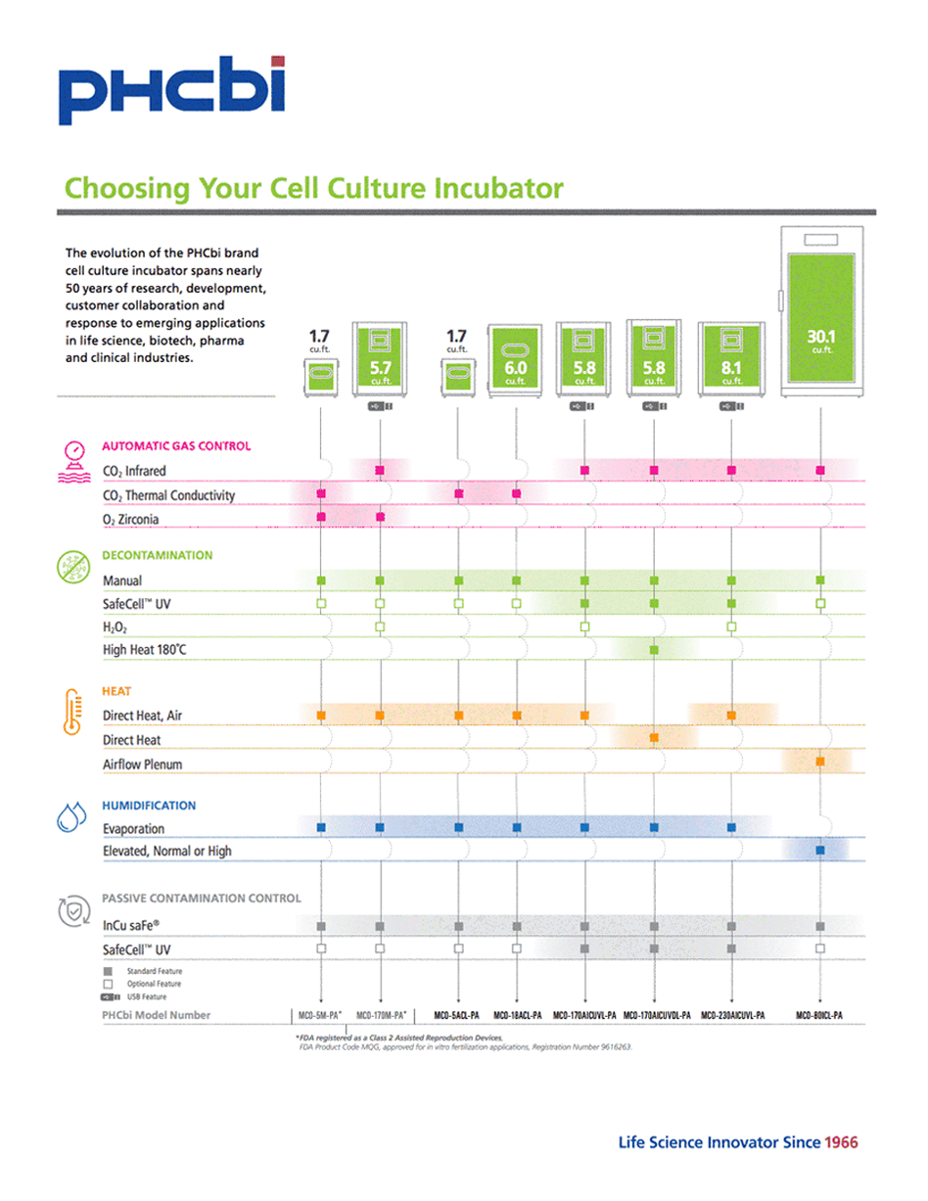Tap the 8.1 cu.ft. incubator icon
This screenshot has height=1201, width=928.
click(x=731, y=358)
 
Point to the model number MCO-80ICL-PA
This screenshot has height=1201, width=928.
click(x=819, y=1015)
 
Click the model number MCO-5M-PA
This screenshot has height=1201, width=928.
click(x=319, y=1015)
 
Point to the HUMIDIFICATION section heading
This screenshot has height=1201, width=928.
click(x=149, y=806)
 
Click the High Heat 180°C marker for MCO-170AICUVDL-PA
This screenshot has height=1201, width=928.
click(x=654, y=650)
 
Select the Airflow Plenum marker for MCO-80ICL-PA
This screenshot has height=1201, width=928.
click(x=820, y=762)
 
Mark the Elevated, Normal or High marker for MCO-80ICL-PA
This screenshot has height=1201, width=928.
click(x=820, y=852)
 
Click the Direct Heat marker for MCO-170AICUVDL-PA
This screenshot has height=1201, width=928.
click(x=654, y=737)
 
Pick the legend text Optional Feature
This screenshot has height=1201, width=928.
click(x=154, y=983)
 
